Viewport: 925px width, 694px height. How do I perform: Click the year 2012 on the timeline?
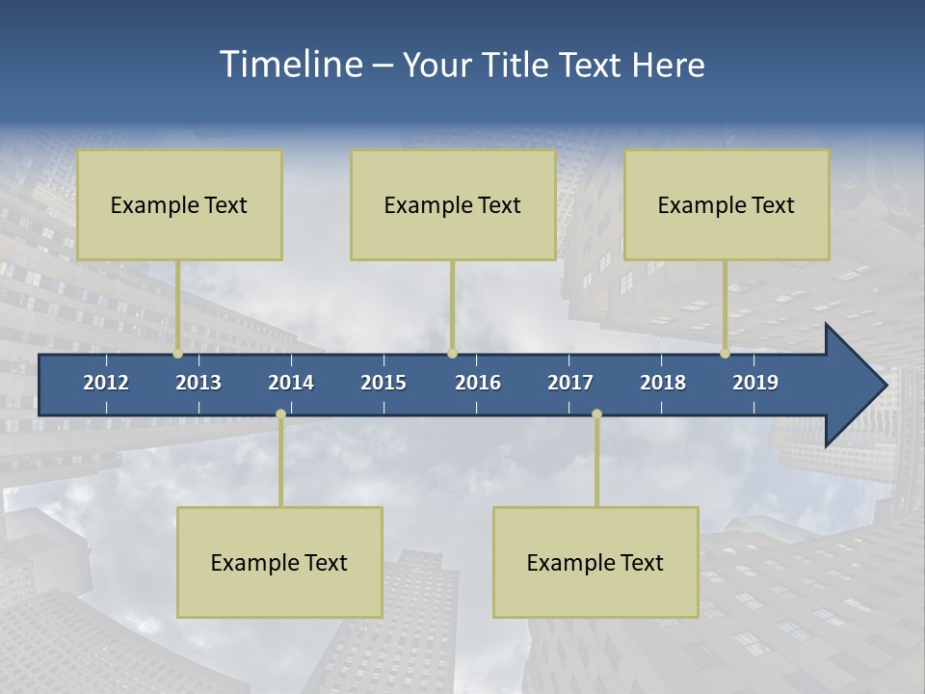point(106,383)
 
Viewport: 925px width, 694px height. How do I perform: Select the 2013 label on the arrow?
point(198,383)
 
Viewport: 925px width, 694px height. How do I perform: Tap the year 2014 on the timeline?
point(291,383)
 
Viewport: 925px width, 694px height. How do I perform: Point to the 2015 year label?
point(383,383)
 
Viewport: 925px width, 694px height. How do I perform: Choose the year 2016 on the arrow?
point(478,383)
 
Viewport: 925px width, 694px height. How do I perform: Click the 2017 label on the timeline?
point(570,383)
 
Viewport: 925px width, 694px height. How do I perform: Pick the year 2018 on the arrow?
point(663,383)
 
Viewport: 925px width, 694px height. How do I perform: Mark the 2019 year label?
point(755,383)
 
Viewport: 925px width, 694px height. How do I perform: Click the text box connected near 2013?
point(179,204)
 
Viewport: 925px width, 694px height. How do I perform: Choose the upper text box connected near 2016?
point(453,204)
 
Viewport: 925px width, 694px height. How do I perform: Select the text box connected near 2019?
point(727,204)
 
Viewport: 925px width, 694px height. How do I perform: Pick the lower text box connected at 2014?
point(279,562)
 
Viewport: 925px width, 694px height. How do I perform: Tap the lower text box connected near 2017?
point(595,562)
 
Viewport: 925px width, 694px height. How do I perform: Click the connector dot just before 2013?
point(177,353)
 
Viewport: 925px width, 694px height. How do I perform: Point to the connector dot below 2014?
point(280,414)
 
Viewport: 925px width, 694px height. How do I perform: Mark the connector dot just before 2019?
point(725,353)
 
